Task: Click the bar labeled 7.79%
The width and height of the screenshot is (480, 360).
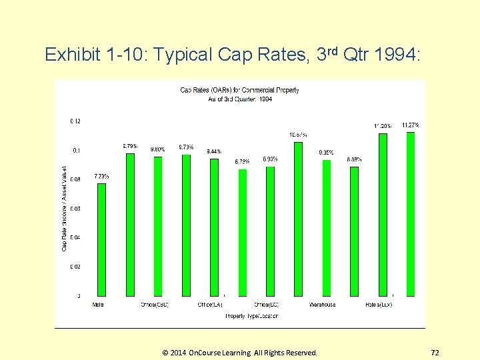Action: tap(101, 239)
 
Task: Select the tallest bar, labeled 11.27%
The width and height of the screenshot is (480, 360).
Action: tap(411, 214)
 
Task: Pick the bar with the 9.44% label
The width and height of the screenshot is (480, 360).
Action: tap(214, 227)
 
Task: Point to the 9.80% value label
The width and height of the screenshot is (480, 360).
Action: tap(158, 149)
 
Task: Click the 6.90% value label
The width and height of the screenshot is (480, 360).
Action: tap(270, 159)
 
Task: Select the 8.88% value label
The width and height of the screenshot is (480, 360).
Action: tap(354, 159)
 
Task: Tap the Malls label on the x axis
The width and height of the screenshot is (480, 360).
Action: tap(98, 305)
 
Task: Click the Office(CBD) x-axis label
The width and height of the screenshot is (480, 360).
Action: tap(154, 305)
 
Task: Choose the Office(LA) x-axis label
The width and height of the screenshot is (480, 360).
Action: tap(210, 305)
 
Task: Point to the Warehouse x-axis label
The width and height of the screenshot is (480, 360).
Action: tap(323, 305)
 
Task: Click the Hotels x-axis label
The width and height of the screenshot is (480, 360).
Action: tap(379, 305)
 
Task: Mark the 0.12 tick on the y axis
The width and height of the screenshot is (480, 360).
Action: tap(75, 121)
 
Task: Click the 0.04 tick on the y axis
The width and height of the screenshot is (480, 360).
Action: tap(75, 237)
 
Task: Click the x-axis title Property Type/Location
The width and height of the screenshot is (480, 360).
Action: tap(251, 315)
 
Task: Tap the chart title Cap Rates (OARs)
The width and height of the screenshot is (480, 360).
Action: tap(240, 90)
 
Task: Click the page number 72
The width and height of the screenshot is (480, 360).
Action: tap(435, 352)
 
